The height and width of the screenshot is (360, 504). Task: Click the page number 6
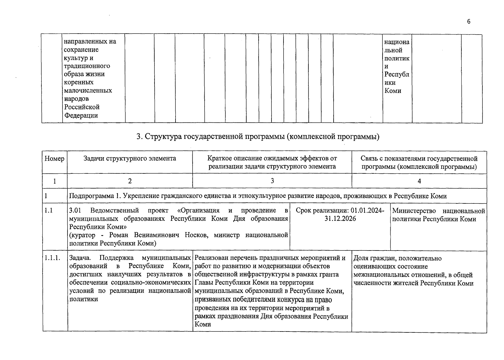point(469,22)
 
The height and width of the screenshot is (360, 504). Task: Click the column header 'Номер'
point(54,158)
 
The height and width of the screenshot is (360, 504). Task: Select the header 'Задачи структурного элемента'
point(130,158)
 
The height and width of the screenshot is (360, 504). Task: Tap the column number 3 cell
point(272,181)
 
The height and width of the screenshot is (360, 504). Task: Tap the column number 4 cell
point(419,181)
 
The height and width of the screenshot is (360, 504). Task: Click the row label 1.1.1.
point(52,258)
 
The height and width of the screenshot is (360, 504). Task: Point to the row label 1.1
point(49,211)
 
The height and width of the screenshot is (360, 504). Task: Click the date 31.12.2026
point(340,218)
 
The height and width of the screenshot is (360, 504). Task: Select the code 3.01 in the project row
point(75,210)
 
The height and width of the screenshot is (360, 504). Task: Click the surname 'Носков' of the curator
point(196,235)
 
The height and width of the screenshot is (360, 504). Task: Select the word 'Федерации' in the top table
point(81,115)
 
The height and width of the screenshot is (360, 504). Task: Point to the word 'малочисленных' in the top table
point(88,90)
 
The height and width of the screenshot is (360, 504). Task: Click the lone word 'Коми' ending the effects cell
point(203,324)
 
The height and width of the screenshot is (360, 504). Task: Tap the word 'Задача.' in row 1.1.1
point(80,258)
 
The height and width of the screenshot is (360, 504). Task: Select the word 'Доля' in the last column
point(361,258)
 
